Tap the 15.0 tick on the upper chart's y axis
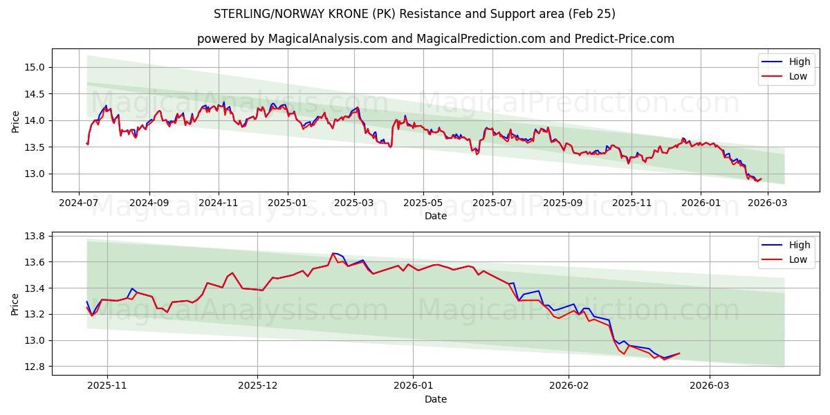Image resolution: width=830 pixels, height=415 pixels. (x=35, y=67)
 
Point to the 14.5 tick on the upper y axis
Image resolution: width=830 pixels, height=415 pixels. (x=35, y=94)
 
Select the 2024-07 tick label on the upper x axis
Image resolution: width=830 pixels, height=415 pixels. (x=79, y=203)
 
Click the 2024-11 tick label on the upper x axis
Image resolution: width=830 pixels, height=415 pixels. (x=219, y=203)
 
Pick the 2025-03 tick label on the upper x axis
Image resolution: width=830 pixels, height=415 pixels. (x=354, y=203)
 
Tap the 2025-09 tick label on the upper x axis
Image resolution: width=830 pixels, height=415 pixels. (x=562, y=203)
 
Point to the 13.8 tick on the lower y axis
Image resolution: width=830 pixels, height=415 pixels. (x=35, y=236)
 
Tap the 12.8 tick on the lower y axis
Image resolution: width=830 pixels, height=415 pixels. (x=35, y=367)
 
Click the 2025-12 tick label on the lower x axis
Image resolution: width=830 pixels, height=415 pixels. (x=257, y=386)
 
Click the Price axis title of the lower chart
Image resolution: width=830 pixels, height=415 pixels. (x=15, y=304)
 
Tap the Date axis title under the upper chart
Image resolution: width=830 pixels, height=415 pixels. (x=436, y=216)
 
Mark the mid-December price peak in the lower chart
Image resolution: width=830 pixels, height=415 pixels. (x=333, y=253)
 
